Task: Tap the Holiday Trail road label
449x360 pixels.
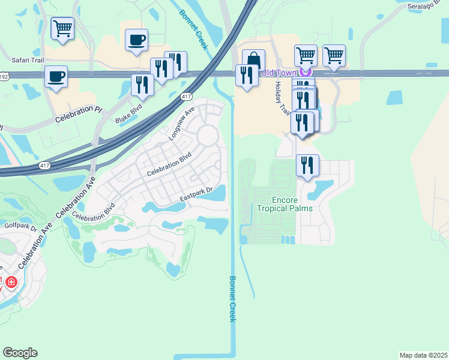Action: point(283,98)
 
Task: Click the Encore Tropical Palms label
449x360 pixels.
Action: point(285,204)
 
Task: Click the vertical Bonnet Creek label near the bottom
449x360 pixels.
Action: point(233,298)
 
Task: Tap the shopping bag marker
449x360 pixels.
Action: point(254,60)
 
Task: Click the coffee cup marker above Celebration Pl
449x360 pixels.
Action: point(56,77)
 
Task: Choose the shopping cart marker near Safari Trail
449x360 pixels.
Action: point(62,28)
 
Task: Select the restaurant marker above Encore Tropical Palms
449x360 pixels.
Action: point(308,165)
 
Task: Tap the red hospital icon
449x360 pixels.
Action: point(11,281)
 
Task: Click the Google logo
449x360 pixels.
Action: point(20,353)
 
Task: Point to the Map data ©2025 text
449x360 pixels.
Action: point(424,355)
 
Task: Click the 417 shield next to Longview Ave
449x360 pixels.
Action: point(186,97)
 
